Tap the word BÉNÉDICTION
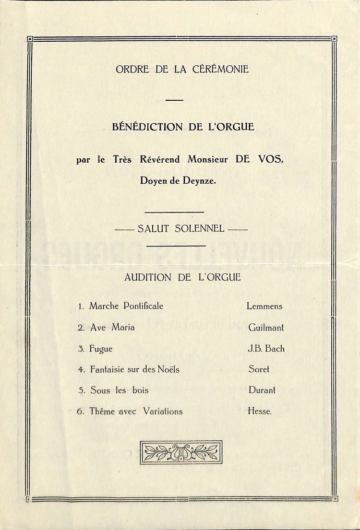point(143,127)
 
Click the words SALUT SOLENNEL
point(181,229)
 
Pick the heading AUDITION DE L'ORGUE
point(182,277)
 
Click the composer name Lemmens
point(264,306)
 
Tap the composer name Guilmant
point(266,328)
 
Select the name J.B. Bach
point(266,349)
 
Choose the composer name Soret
point(259,369)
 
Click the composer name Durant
point(262,390)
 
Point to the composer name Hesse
point(259,411)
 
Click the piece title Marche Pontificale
point(126,306)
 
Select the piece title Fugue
point(101,349)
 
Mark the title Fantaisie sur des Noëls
point(134,369)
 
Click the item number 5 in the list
point(81,390)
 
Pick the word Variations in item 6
point(163,411)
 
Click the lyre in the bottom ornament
point(181,452)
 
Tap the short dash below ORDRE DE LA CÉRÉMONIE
point(174,100)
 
